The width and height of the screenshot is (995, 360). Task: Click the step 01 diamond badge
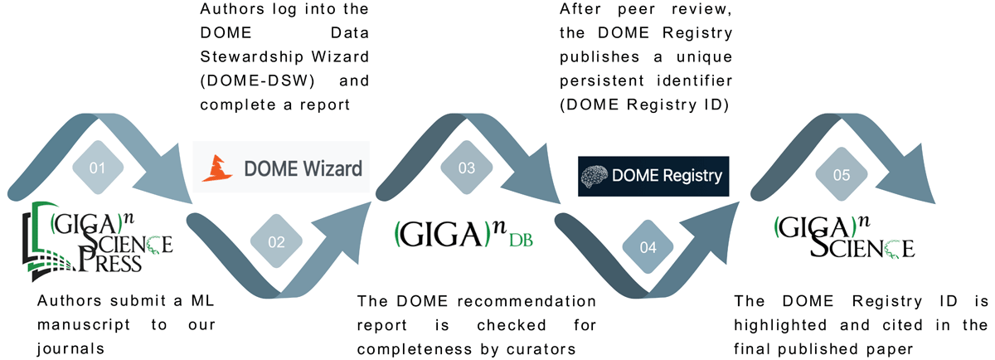click(98, 168)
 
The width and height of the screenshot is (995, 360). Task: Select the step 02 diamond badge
click(276, 242)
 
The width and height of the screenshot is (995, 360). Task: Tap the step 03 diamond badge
click(467, 168)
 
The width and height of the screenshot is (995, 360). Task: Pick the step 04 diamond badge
click(648, 247)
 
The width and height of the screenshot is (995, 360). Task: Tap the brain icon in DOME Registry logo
click(596, 176)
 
